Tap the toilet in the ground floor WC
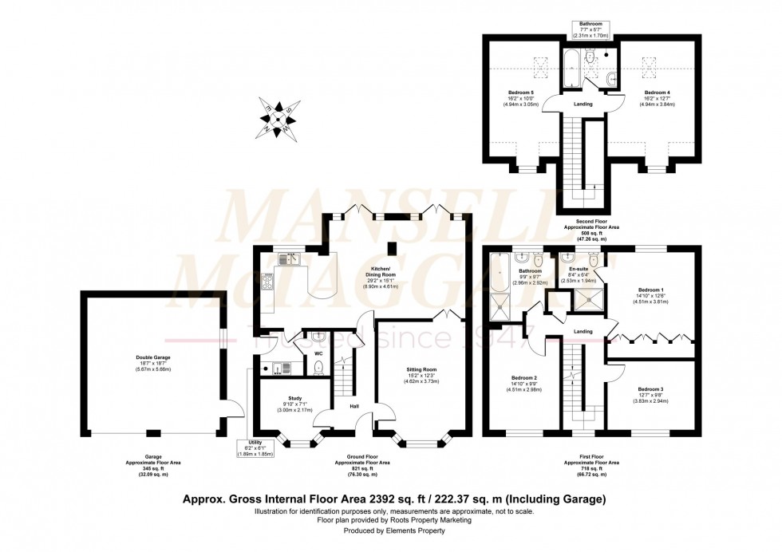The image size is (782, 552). pos(318,367)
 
